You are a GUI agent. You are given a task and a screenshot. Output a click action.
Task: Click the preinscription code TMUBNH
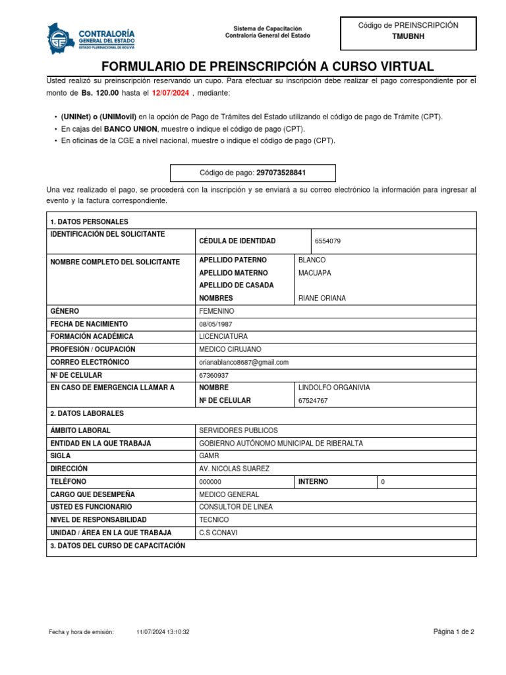(408, 37)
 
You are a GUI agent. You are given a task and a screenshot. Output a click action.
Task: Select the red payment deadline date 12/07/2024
(171, 93)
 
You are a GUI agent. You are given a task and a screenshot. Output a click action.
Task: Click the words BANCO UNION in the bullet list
(131, 129)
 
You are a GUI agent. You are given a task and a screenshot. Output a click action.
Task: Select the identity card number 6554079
(327, 241)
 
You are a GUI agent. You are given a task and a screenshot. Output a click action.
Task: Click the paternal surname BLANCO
(312, 260)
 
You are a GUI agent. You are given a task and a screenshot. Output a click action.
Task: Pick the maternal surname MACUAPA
(314, 273)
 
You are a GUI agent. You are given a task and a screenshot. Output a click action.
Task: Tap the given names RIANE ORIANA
(322, 298)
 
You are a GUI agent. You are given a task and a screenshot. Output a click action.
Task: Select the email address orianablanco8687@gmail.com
(244, 362)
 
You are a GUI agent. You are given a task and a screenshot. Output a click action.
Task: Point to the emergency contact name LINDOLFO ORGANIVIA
(334, 388)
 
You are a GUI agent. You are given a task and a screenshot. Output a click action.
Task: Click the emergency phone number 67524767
(313, 401)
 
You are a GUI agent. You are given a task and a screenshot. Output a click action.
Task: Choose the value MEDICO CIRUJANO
(230, 349)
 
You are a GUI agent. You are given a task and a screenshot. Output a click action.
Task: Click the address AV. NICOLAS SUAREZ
(234, 469)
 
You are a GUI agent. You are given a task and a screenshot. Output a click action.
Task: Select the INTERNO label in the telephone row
(313, 482)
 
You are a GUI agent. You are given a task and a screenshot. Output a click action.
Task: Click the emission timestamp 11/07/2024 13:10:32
(163, 631)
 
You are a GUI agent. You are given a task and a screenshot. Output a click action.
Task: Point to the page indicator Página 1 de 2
(453, 631)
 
